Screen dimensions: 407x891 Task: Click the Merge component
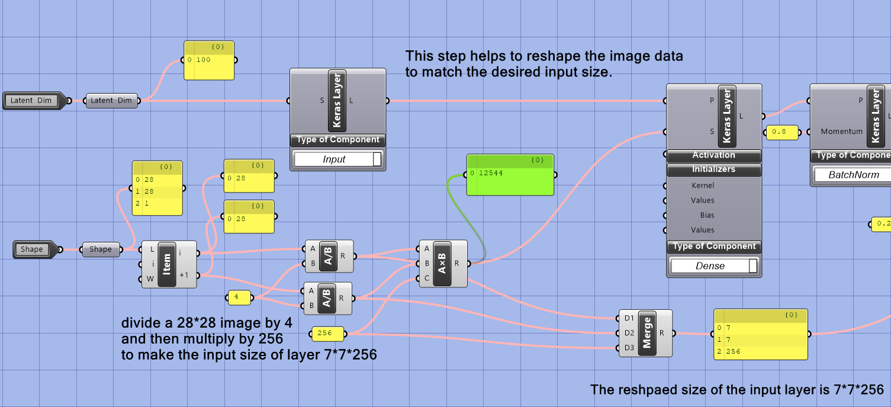pos(646,333)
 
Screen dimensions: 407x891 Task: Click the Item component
pos(168,264)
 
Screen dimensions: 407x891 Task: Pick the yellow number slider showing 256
pos(328,334)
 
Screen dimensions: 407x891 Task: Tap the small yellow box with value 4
pos(239,298)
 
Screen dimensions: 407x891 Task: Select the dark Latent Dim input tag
pos(31,101)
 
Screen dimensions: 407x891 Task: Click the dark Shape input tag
pos(33,249)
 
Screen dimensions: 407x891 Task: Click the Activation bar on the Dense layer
pos(713,156)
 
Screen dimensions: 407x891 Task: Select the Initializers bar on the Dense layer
pos(713,170)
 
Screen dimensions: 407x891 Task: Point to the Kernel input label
pos(703,185)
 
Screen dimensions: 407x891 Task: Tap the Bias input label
pos(707,215)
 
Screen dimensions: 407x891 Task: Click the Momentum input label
pos(841,132)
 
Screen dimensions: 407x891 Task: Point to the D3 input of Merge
pos(629,348)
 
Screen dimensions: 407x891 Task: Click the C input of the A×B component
pos(427,278)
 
